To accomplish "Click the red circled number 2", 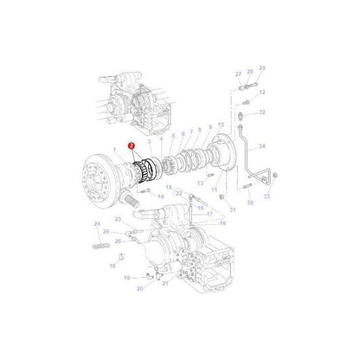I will pyautogui.click(x=132, y=147).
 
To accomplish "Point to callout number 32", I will pyautogui.click(x=262, y=112).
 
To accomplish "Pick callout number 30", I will pyautogui.click(x=251, y=203).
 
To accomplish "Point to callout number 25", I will pyautogui.click(x=106, y=232).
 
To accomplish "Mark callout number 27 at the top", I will pyautogui.click(x=238, y=74).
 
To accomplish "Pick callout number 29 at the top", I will pyautogui.click(x=262, y=67).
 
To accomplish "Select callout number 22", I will pyautogui.click(x=179, y=194).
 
